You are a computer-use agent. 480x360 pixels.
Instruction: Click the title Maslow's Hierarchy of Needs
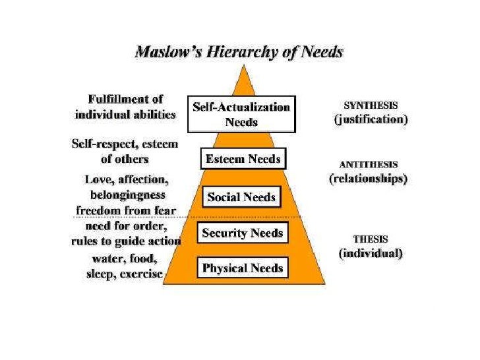pyautogui.click(x=239, y=51)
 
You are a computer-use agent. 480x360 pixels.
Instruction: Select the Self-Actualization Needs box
pyautogui.click(x=241, y=114)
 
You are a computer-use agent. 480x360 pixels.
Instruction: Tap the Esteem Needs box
pyautogui.click(x=243, y=159)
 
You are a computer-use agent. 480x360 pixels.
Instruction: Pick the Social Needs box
pyautogui.click(x=241, y=197)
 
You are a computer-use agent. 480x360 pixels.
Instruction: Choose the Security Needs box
pyautogui.click(x=242, y=233)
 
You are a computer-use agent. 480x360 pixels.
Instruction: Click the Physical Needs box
pyautogui.click(x=242, y=268)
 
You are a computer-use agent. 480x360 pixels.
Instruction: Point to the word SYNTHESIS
pyautogui.click(x=370, y=105)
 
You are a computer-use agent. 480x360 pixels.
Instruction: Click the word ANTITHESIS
pyautogui.click(x=368, y=165)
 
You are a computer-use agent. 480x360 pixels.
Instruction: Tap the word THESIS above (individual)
pyautogui.click(x=370, y=239)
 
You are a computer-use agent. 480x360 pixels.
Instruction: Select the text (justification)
pyautogui.click(x=370, y=120)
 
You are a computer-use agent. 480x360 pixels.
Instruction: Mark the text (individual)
pyautogui.click(x=371, y=253)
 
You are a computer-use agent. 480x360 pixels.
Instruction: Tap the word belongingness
pyautogui.click(x=127, y=195)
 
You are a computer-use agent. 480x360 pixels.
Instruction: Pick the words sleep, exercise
pyautogui.click(x=124, y=274)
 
